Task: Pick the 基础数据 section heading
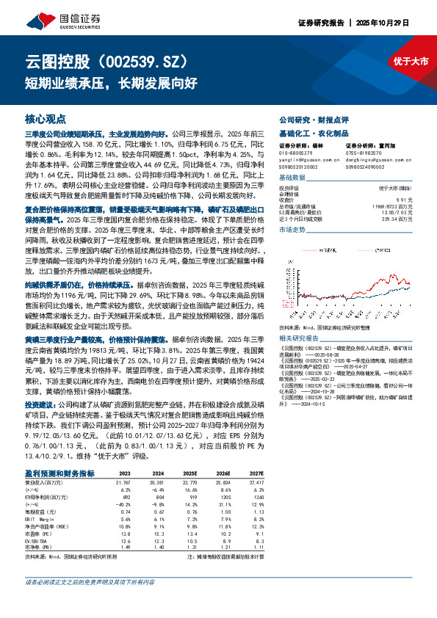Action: point(294,179)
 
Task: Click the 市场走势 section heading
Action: point(294,230)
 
